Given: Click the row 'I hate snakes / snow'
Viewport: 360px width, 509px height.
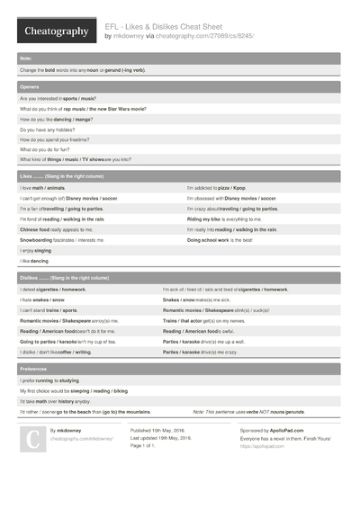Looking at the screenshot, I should (x=42, y=299).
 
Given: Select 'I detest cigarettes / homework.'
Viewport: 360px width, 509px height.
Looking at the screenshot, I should (x=53, y=290).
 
